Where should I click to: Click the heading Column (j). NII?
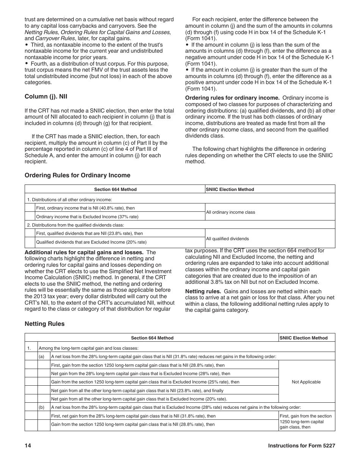point(46,97)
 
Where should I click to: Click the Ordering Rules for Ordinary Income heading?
point(77,175)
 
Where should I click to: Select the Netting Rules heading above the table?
point(44,324)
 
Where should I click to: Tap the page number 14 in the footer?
point(28,446)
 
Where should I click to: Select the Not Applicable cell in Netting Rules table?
point(306,382)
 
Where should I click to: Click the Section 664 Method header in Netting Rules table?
point(152,338)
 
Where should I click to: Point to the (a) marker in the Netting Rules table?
point(41,357)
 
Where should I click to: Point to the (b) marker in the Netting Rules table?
point(41,407)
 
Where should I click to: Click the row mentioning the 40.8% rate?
point(85,208)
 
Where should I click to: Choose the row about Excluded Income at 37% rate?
point(87,217)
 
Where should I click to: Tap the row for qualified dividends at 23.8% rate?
point(89,234)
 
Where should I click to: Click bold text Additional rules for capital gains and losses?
point(84,252)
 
